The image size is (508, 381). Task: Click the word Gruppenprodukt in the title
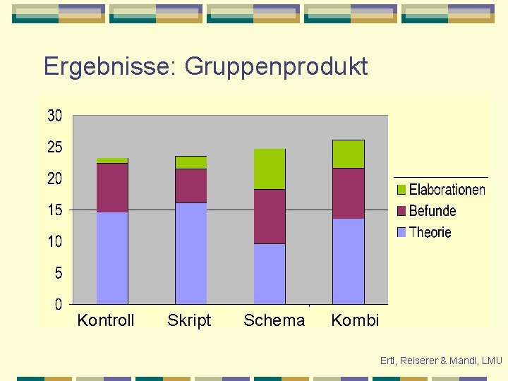(x=276, y=67)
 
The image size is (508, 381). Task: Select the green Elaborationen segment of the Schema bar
(x=270, y=169)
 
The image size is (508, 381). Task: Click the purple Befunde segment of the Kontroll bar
(x=112, y=188)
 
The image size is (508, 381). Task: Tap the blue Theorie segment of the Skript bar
(x=191, y=253)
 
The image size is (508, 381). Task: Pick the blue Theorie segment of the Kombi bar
(x=349, y=261)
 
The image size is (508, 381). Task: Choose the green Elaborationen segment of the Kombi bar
(x=349, y=154)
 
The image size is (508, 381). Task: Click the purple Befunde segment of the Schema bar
(x=270, y=217)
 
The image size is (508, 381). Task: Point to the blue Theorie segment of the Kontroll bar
(x=112, y=258)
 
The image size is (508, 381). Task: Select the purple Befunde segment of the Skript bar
(x=191, y=186)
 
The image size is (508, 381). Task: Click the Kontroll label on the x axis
(x=106, y=320)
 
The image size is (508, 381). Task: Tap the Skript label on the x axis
(x=189, y=320)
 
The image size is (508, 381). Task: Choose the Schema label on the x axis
(x=274, y=320)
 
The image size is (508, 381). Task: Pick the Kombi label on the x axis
(x=355, y=320)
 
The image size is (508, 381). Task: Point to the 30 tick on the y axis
(x=55, y=116)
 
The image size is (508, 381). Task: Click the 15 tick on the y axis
(x=55, y=210)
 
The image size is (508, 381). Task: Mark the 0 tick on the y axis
(x=59, y=304)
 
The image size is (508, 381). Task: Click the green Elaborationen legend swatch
(x=401, y=190)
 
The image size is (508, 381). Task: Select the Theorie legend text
(x=430, y=232)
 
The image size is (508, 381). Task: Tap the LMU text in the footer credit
(x=491, y=361)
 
